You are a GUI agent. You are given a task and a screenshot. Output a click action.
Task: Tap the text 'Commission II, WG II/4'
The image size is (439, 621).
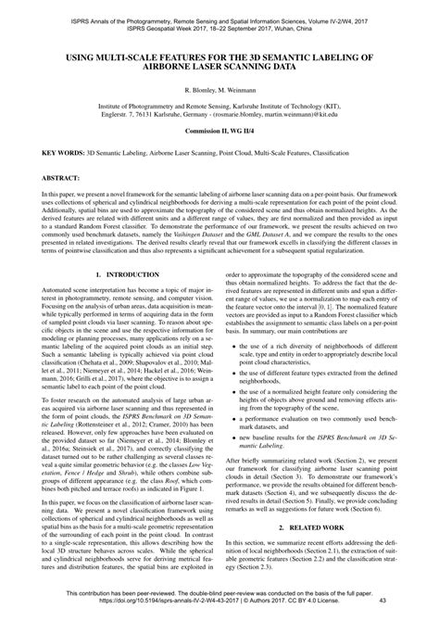click(219, 134)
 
